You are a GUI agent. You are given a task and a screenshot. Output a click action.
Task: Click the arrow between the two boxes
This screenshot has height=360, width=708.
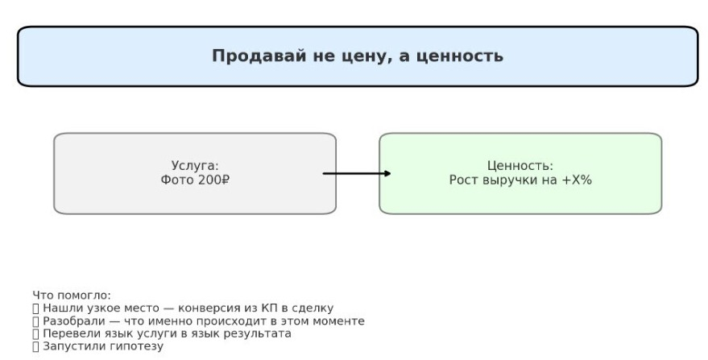357,173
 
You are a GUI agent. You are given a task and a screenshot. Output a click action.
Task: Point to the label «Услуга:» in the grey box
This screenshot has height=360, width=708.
195,166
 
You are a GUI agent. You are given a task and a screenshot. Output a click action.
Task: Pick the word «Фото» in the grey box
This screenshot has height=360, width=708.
177,180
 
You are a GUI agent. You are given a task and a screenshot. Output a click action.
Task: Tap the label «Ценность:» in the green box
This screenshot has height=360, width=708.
520,166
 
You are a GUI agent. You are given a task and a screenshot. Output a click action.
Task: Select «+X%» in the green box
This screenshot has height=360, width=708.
576,180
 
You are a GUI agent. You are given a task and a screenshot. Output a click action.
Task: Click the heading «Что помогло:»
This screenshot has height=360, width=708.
72,296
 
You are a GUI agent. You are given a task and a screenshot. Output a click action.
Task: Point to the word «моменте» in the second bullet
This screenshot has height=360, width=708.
339,321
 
